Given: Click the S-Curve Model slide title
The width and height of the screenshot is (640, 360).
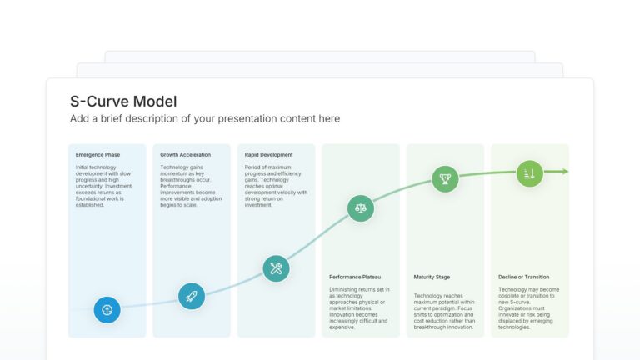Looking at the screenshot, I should (x=123, y=102).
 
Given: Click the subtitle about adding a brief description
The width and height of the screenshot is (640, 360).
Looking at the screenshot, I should (x=205, y=119).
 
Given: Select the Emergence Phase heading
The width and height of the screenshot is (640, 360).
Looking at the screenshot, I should (x=97, y=155).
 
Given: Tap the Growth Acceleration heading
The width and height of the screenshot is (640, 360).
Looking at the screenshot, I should (x=185, y=155).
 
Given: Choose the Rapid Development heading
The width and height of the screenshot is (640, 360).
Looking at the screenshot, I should (x=268, y=155).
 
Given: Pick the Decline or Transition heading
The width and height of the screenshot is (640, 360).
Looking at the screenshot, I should (x=522, y=277).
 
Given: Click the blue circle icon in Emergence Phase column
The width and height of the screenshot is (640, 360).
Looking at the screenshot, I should (x=107, y=309).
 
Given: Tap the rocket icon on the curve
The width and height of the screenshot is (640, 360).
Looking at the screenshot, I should (x=192, y=296).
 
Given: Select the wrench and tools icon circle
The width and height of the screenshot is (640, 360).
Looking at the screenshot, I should (x=276, y=268).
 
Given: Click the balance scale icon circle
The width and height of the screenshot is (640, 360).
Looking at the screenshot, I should (x=360, y=208).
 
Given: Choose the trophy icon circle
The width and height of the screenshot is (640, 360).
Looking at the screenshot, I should (x=445, y=178).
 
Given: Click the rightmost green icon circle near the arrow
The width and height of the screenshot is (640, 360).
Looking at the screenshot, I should (x=529, y=173).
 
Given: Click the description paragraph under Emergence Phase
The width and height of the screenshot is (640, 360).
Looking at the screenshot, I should (x=107, y=185).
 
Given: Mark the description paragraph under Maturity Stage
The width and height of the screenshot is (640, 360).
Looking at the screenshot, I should (x=445, y=310).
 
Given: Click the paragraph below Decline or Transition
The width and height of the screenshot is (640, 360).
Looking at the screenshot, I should (x=529, y=308).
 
